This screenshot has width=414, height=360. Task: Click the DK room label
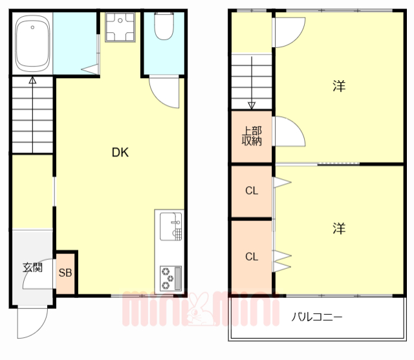(x=120, y=153)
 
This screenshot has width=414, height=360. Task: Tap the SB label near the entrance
(x=66, y=272)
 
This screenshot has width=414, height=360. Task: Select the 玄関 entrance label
(x=32, y=267)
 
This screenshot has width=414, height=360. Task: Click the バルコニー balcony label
(x=316, y=317)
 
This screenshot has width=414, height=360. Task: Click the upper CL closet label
(x=252, y=191)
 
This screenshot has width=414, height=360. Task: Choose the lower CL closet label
(x=252, y=256)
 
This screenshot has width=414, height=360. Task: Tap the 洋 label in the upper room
(x=338, y=86)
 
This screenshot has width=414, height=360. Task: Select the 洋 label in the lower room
(x=339, y=228)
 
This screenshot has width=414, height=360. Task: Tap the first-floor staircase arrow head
(x=32, y=81)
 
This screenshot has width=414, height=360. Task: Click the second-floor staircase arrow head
(x=252, y=105)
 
